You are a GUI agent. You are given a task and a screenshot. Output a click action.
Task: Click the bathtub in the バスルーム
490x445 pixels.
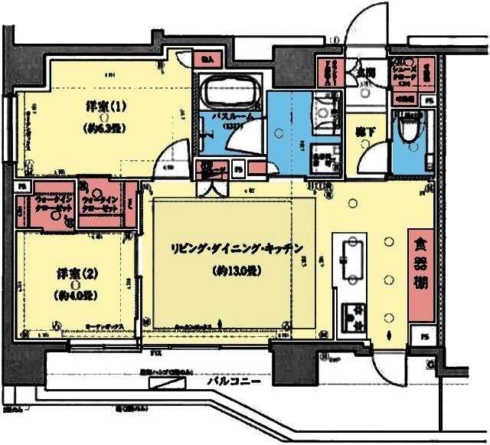click(x=230, y=91)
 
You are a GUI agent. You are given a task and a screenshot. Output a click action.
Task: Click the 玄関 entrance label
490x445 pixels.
click(x=366, y=73)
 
